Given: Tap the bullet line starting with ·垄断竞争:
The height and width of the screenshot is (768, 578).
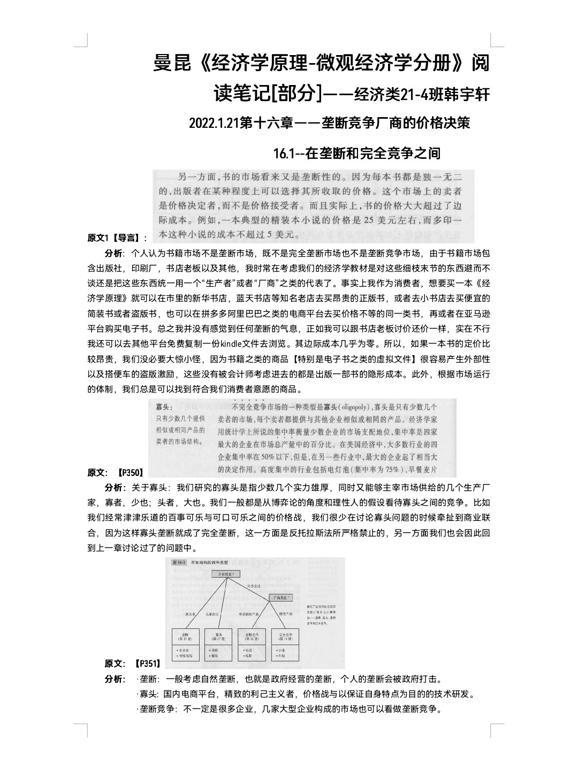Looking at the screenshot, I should (289, 709).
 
